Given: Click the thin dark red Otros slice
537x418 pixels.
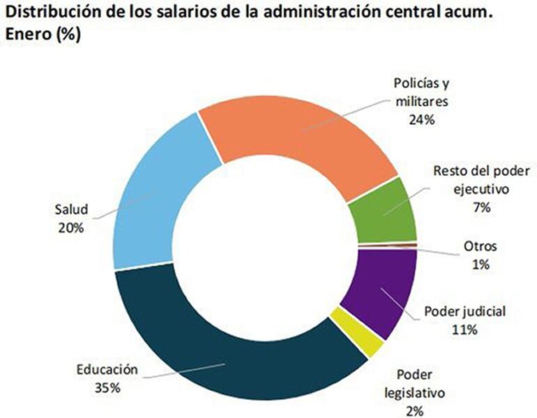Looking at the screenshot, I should coord(387,246).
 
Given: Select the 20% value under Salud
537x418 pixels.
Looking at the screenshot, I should coord(70,226).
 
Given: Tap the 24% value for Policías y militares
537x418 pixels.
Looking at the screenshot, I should coord(422,119).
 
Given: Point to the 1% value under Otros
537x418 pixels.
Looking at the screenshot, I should coord(480,264).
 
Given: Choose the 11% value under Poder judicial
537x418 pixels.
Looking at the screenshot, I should coord(463,329).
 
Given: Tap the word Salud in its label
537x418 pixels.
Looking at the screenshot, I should coord(70,209).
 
